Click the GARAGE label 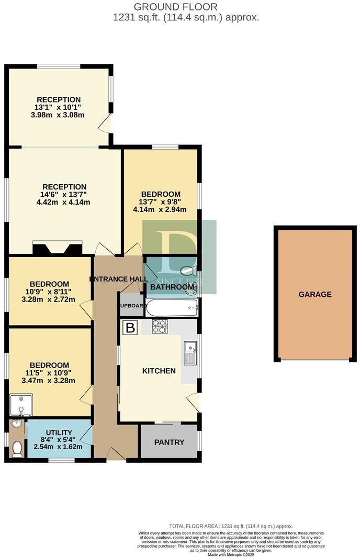[x=315, y=294]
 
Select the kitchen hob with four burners [x=160, y=327]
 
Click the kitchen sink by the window [x=189, y=353]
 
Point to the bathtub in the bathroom [x=172, y=308]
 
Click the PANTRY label [x=169, y=442]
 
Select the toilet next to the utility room [x=17, y=448]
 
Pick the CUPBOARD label [x=131, y=306]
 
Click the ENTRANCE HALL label [x=118, y=278]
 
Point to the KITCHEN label [x=159, y=371]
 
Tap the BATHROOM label [x=172, y=287]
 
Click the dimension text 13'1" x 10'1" [x=58, y=107]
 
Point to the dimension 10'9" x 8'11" [x=49, y=292]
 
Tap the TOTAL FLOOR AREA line [x=231, y=526]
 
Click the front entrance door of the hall [x=116, y=454]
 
